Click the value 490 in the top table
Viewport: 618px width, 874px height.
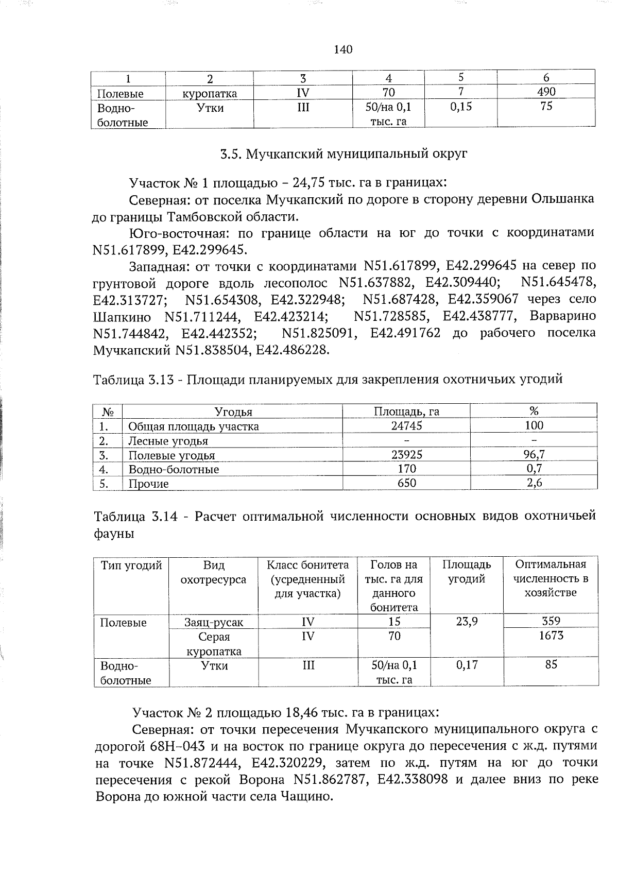[546, 92]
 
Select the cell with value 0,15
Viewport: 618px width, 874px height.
[460, 107]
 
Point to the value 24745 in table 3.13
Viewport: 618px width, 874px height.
[406, 425]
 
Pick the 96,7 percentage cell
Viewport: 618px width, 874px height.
[534, 454]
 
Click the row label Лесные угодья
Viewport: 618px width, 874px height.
[168, 441]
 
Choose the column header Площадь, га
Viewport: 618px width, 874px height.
[406, 411]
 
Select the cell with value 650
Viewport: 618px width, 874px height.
[406, 483]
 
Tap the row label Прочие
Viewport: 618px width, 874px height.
[148, 484]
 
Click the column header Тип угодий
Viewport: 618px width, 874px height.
[131, 565]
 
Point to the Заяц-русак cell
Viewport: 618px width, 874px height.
[214, 622]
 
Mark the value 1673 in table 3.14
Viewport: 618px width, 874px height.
[551, 636]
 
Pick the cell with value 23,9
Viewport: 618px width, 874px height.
[467, 622]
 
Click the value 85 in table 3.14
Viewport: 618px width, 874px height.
[551, 664]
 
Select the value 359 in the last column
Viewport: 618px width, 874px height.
[551, 621]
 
